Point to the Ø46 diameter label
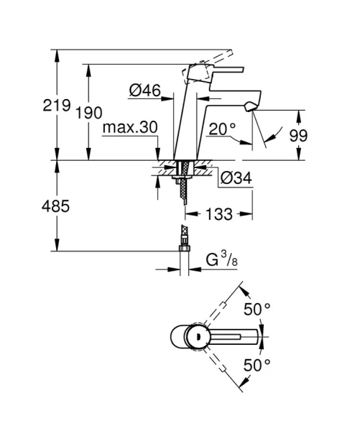point(144,91)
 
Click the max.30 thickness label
point(129,128)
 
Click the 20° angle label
point(223,129)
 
